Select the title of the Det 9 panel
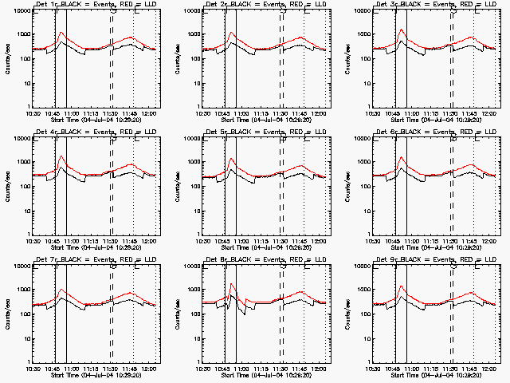point(435,260)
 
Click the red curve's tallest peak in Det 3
point(402,30)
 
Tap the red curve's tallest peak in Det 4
point(61,156)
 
